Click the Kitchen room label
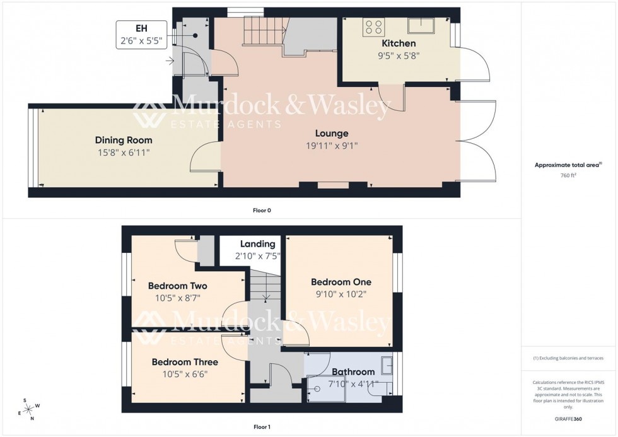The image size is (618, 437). point(399,44)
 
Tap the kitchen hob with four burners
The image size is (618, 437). point(373,27)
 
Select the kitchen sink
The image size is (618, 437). point(419,25)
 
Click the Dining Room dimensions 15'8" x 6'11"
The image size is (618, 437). point(123,152)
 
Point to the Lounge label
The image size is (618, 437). point(332,134)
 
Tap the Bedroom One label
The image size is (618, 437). point(341,282)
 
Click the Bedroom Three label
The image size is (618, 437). point(185,362)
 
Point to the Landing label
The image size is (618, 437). point(258,244)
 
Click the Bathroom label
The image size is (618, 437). point(353,372)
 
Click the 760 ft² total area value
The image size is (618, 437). point(568,175)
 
